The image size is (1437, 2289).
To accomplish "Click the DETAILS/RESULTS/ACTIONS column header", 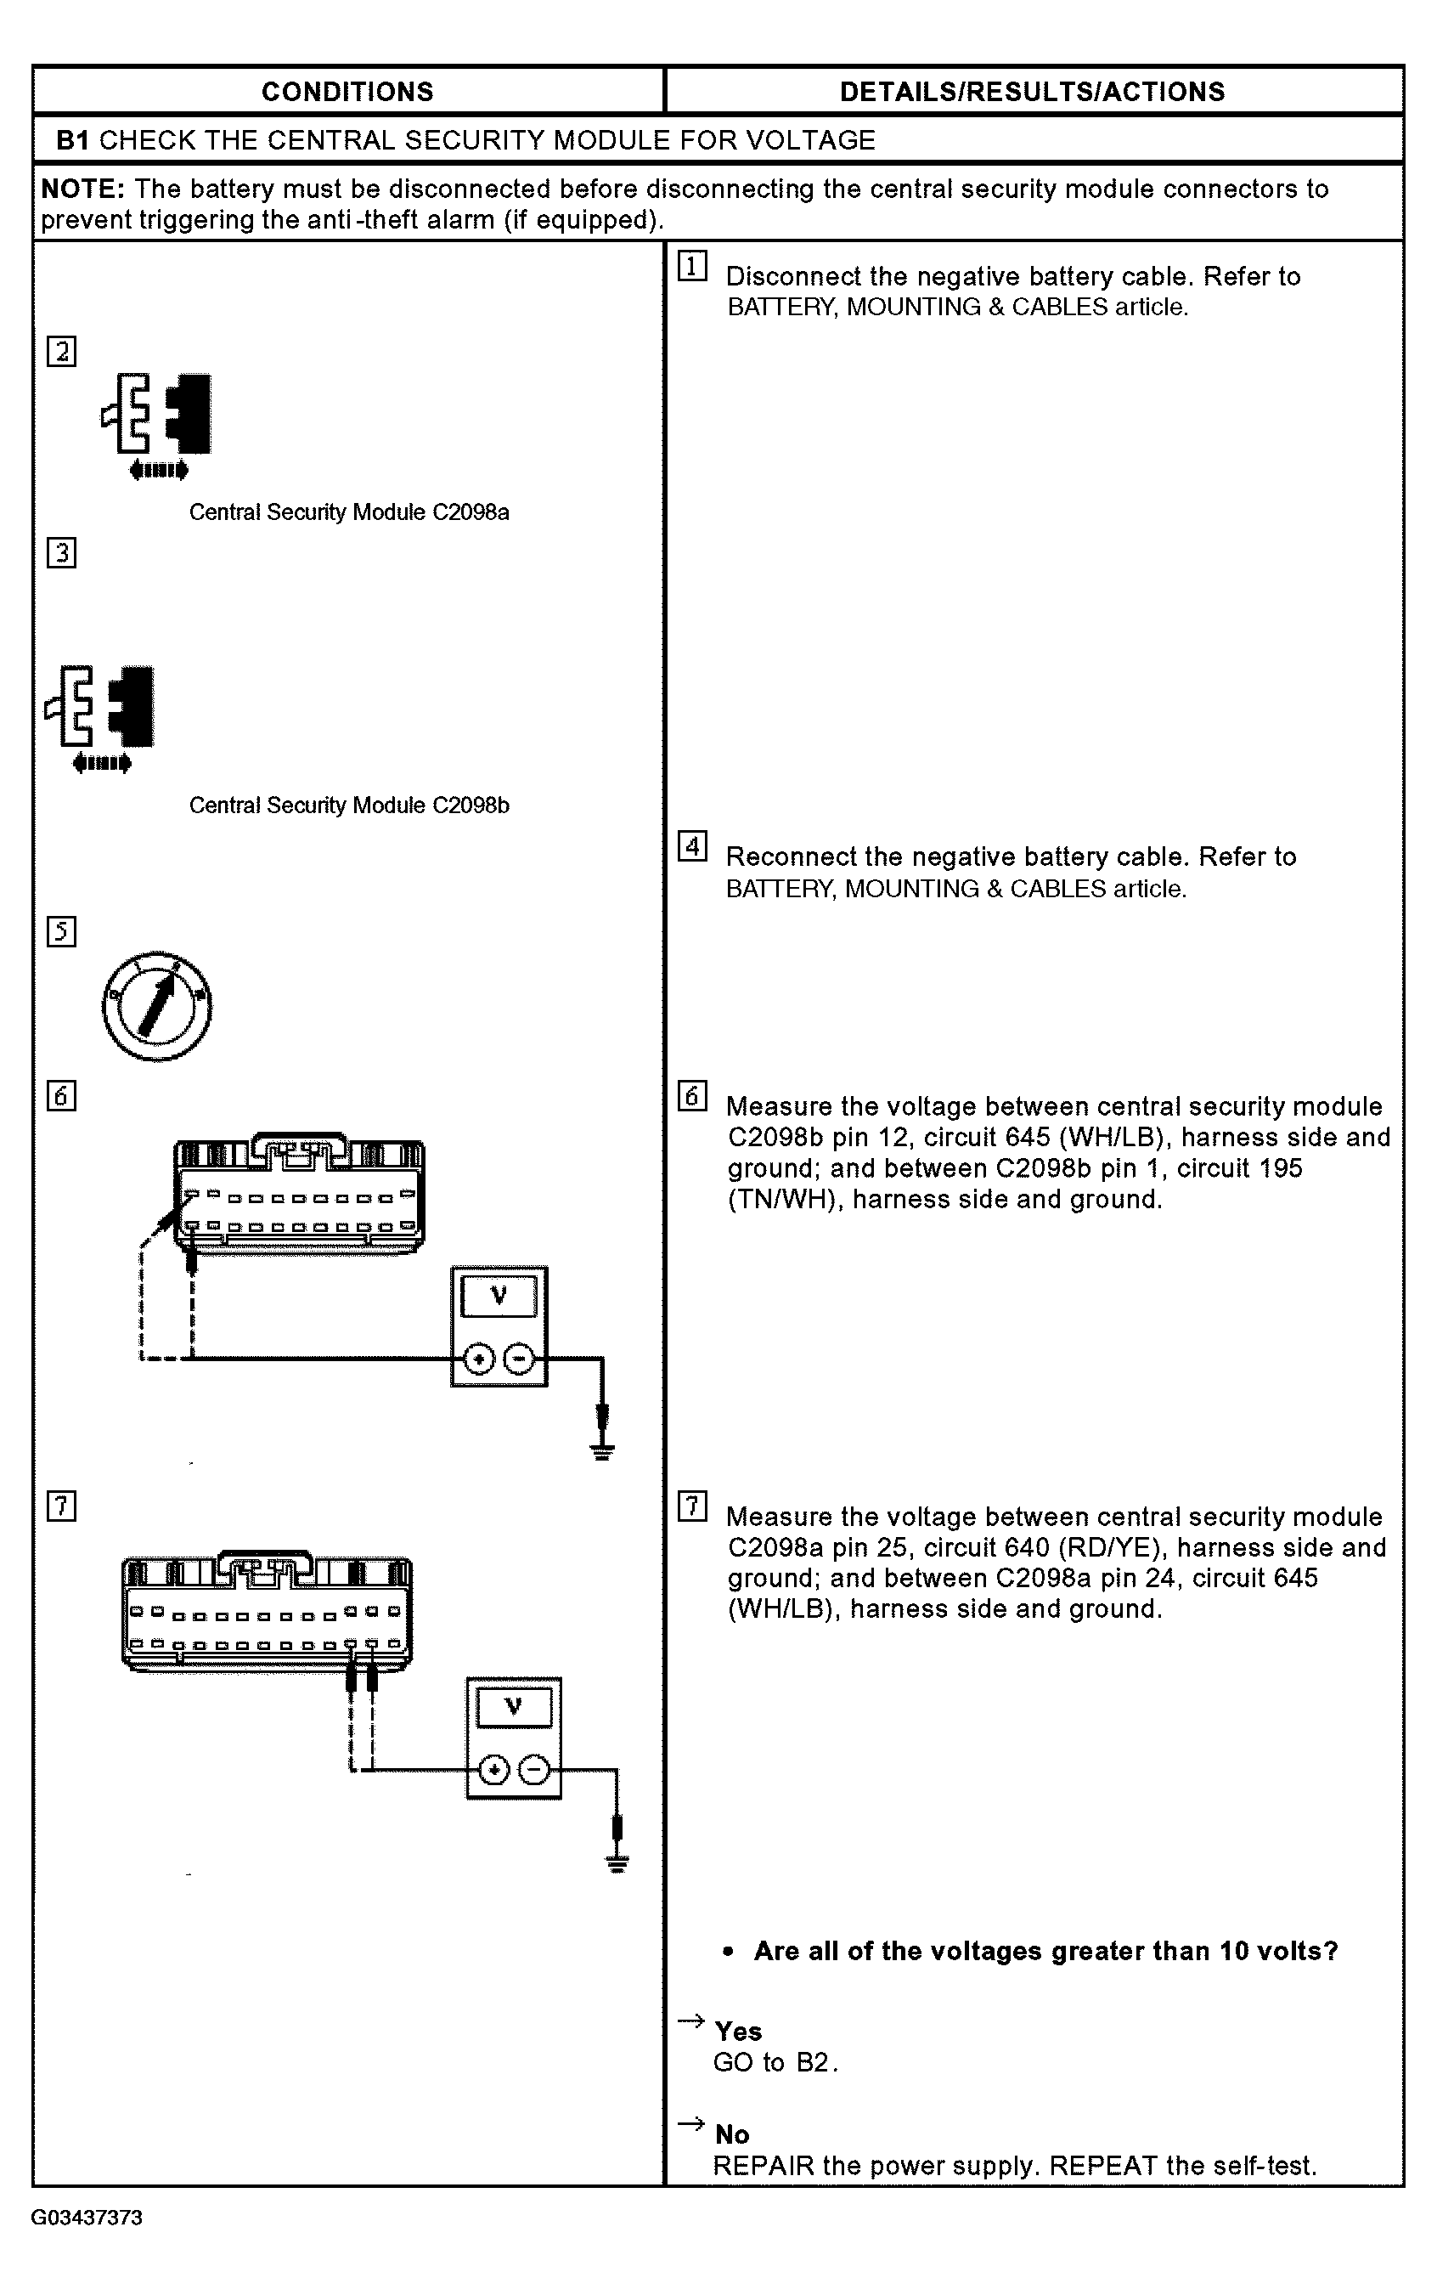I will coord(1032,93).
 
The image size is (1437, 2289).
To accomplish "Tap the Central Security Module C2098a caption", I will coord(349,512).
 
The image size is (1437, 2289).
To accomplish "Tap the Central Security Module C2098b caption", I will coord(349,805).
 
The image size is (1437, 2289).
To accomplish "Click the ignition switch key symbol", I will coord(157,1006).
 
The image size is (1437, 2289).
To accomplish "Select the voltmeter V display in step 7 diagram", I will coord(513,1706).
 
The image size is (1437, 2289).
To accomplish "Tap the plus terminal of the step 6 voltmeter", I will coord(479,1359).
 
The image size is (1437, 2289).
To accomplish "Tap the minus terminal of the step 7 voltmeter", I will coord(535,1770).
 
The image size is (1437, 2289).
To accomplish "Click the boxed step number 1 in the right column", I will coord(692,266).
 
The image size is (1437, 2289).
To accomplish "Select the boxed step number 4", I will coord(692,846).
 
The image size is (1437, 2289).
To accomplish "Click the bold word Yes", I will coord(739,2032).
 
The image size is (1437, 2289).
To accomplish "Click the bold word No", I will coord(732,2134).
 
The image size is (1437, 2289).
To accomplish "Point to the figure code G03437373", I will coord(87,2218).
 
